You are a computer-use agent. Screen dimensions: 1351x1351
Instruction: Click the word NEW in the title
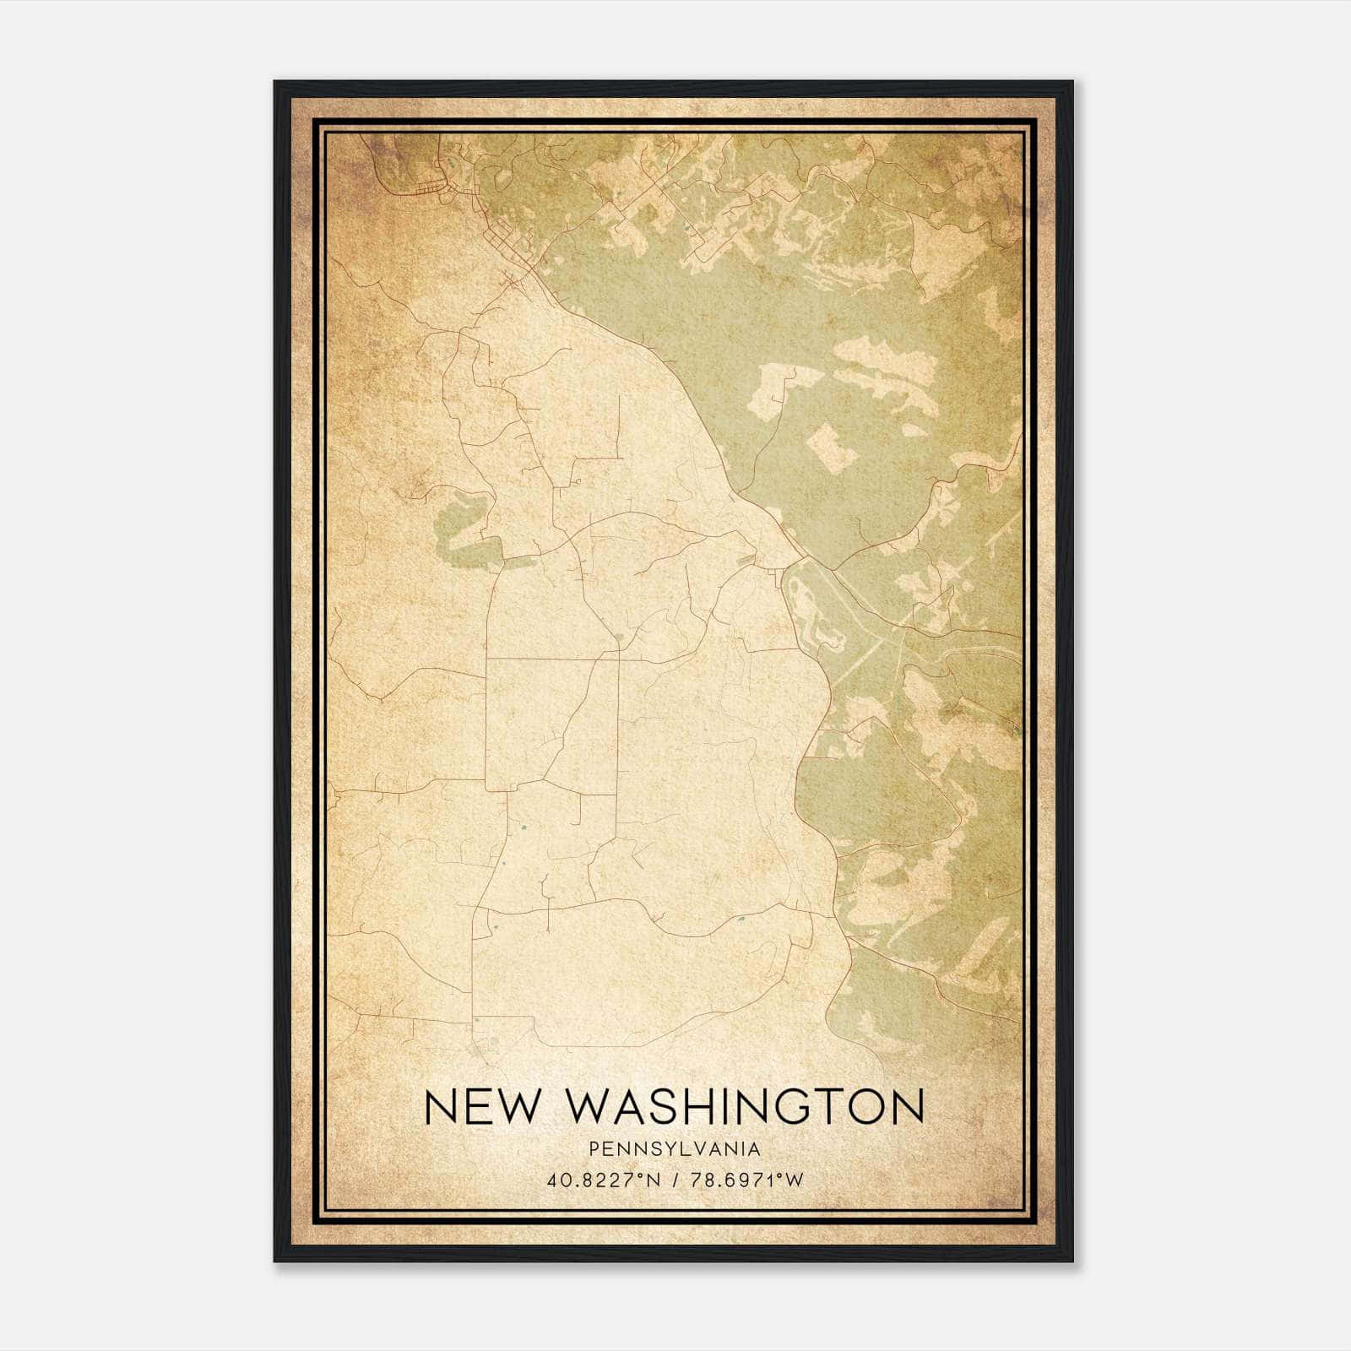(480, 1106)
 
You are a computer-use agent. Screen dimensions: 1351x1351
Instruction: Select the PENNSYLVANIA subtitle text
(675, 1149)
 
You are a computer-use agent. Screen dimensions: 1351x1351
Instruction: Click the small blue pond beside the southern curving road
(741, 919)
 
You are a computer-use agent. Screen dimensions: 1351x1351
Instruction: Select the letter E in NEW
(478, 1106)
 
